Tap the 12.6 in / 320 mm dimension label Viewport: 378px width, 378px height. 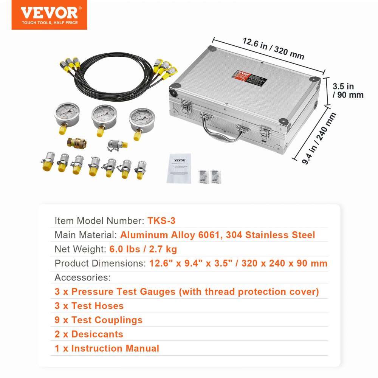pyautogui.click(x=273, y=49)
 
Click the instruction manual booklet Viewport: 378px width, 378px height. pyautogui.click(x=179, y=169)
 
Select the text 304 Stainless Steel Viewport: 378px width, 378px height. pyautogui.click(x=270, y=235)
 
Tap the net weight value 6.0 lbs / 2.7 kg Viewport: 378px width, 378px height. pyautogui.click(x=143, y=249)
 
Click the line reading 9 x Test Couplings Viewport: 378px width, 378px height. pyautogui.click(x=98, y=320)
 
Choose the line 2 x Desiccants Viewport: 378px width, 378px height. pyautogui.click(x=89, y=334)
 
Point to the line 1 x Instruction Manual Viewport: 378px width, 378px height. pyautogui.click(x=107, y=348)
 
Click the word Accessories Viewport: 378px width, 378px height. pyautogui.click(x=82, y=277)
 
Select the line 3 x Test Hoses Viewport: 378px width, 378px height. pyautogui.click(x=89, y=306)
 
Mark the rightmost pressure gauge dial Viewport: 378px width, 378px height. pyautogui.click(x=142, y=120)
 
